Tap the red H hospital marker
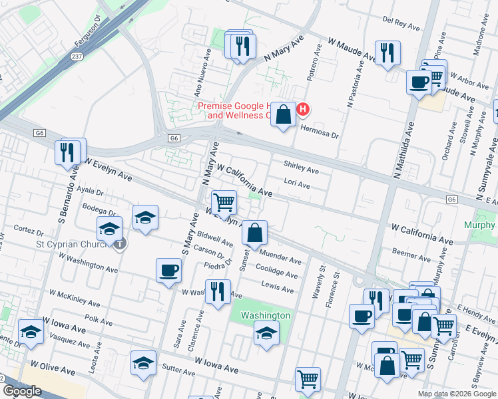pyautogui.click(x=303, y=109)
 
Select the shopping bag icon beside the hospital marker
pyautogui.click(x=284, y=114)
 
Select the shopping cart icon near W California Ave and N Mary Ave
pyautogui.click(x=224, y=201)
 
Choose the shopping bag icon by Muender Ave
pyautogui.click(x=254, y=233)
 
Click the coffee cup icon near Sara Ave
pyautogui.click(x=168, y=270)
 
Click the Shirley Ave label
pyautogui.click(x=301, y=167)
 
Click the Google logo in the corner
pyautogui.click(x=22, y=390)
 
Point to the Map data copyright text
pyautogui.click(x=457, y=394)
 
